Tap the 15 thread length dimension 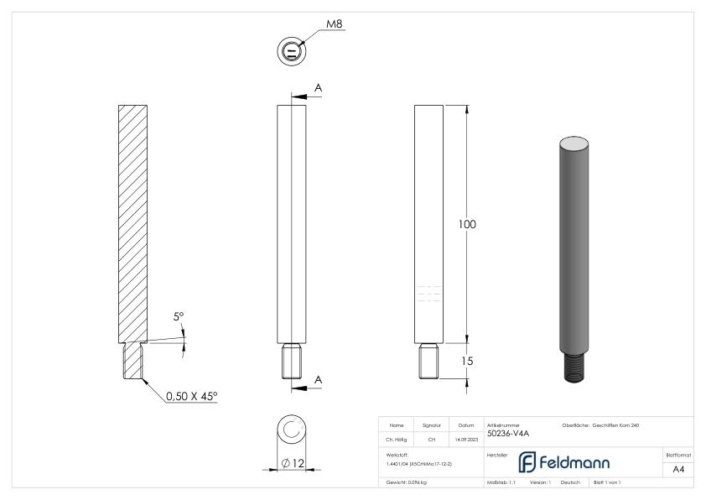tap(467, 360)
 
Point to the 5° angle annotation tap(179, 317)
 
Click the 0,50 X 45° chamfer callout tap(192, 394)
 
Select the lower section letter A tap(319, 380)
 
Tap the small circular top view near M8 tap(291, 51)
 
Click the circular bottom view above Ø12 tap(292, 431)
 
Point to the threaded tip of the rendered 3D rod tap(572, 366)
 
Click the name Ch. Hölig tap(397, 436)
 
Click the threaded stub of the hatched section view tap(134, 361)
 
